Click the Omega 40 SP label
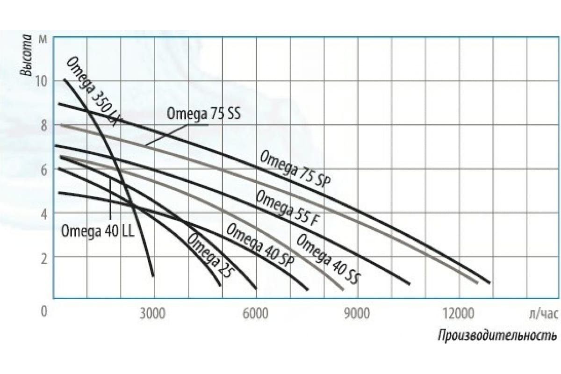tap(259, 245)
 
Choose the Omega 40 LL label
tap(97, 231)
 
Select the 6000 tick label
tap(255, 314)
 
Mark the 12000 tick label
tap(461, 314)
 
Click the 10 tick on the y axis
tap(42, 80)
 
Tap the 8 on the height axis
tap(43, 125)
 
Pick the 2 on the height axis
tap(43, 258)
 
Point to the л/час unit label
tap(544, 314)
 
